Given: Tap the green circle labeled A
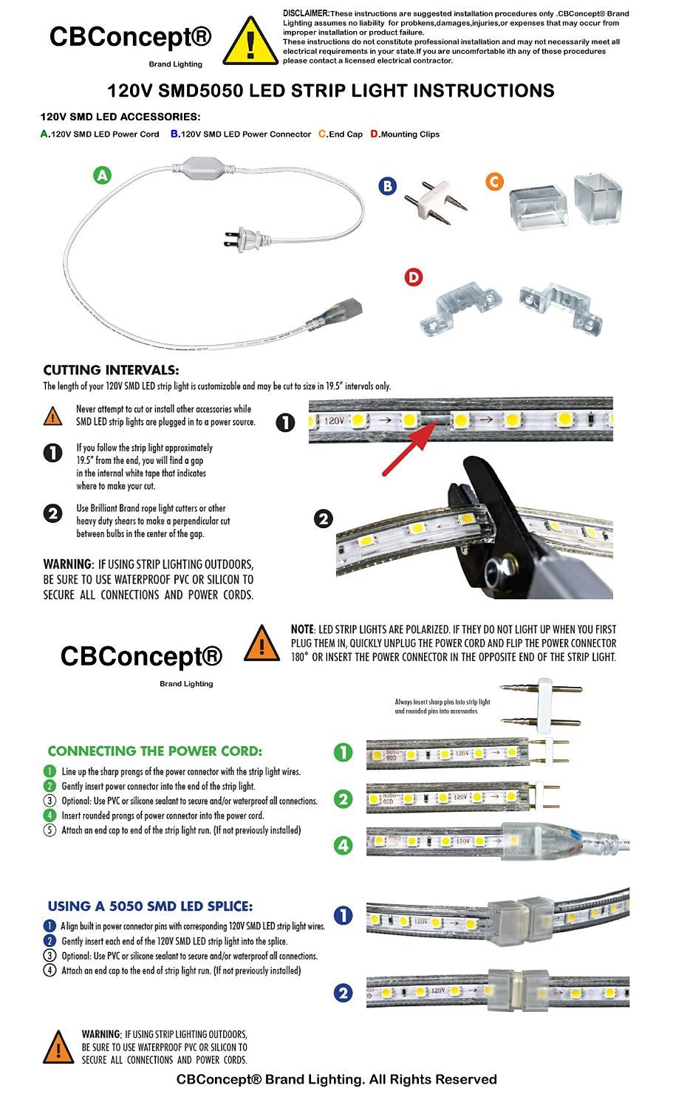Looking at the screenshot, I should pos(102,175).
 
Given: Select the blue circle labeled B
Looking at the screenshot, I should pos(387,186).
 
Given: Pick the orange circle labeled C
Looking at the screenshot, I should pos(494,182).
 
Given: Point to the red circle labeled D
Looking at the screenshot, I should pos(414,277).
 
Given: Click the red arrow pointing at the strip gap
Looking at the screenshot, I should pos(409,448).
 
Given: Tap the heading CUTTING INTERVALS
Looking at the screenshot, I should pos(111,370).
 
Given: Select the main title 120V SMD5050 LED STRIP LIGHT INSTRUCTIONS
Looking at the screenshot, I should pos(330,91).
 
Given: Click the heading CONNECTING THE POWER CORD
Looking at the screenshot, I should pos(154,751).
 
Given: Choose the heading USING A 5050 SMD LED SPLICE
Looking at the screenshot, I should pos(150,906).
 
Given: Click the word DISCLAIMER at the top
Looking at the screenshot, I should pos(306,13).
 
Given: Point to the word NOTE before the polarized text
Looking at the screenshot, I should pos(302,629).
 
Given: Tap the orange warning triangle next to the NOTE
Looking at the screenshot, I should pos(261,643).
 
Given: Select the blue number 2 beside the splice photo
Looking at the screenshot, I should pos(344,994).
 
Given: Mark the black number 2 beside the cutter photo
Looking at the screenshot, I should pos(324,519).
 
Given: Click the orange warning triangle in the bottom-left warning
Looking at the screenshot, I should pos(58,1047).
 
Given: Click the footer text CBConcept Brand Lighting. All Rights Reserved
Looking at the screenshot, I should pos(336,1080).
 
